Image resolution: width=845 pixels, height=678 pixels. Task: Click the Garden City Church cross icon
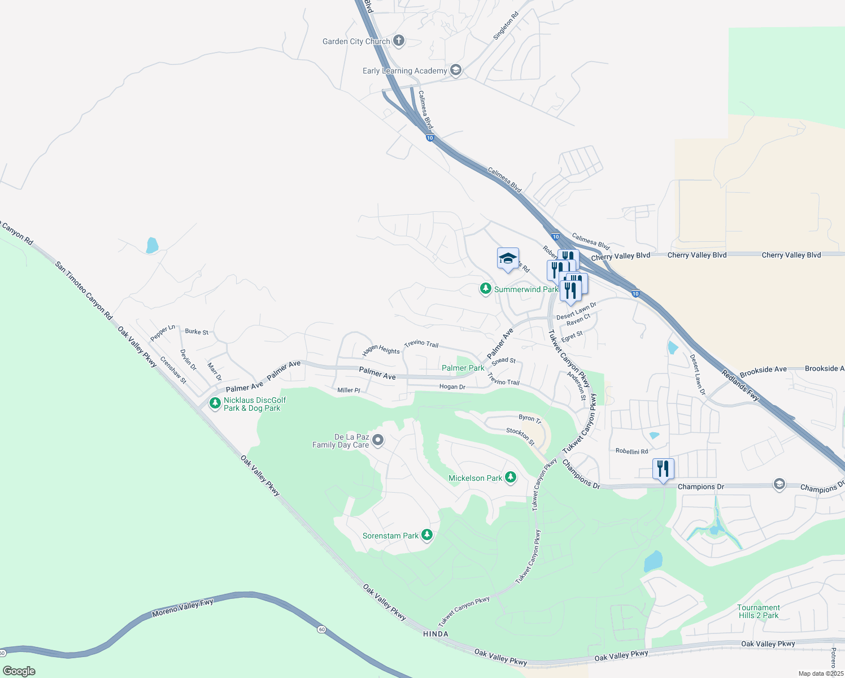pyautogui.click(x=399, y=40)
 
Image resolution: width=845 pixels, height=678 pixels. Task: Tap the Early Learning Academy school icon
pyautogui.click(x=456, y=71)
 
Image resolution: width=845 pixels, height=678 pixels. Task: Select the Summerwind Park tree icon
pyautogui.click(x=485, y=289)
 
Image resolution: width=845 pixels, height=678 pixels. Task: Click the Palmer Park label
pyautogui.click(x=463, y=368)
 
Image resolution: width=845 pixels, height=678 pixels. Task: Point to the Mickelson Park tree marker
pyautogui.click(x=511, y=477)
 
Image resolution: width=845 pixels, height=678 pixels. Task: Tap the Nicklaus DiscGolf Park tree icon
pyautogui.click(x=215, y=403)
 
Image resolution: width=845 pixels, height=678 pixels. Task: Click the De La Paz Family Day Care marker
pyautogui.click(x=378, y=440)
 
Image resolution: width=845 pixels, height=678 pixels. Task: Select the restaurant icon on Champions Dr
pyautogui.click(x=663, y=469)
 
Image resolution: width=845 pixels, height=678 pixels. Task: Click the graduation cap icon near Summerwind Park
pyautogui.click(x=508, y=259)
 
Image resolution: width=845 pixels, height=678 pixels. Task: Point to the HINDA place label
pyautogui.click(x=435, y=634)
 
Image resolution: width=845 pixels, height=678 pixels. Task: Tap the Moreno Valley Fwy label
pyautogui.click(x=183, y=608)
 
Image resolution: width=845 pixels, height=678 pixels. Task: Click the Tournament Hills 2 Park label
pyautogui.click(x=758, y=611)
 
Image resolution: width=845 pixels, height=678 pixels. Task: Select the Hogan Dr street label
pyautogui.click(x=452, y=387)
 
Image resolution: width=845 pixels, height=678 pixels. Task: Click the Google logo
pyautogui.click(x=19, y=671)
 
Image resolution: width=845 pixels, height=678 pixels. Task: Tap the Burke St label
pyautogui.click(x=197, y=332)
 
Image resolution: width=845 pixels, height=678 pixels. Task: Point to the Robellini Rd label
pyautogui.click(x=631, y=451)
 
